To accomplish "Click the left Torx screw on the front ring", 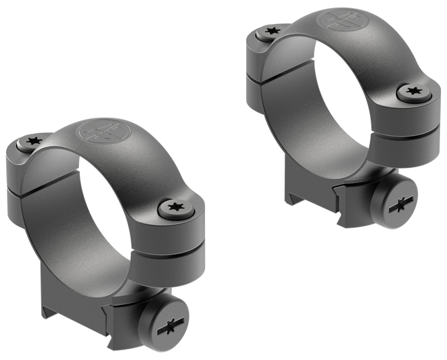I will click(x=32, y=143).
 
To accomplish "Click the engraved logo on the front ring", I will click(x=96, y=131).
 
